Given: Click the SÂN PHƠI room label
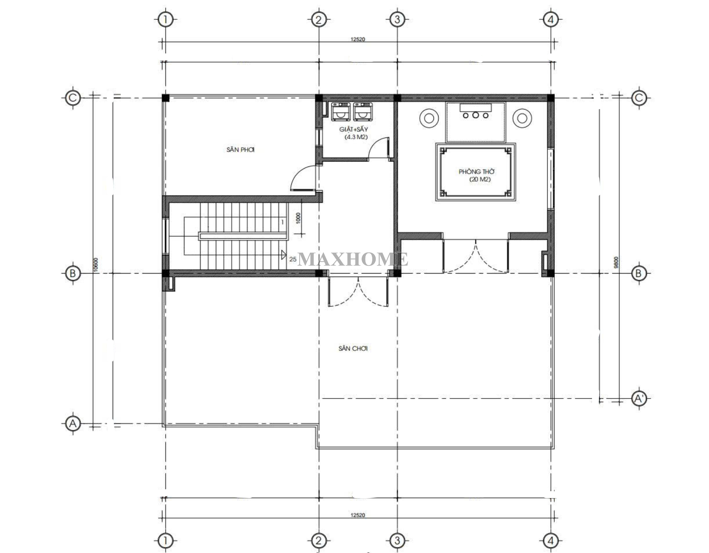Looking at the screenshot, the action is pyautogui.click(x=240, y=149).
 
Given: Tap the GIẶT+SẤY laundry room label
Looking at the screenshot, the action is pyautogui.click(x=353, y=129).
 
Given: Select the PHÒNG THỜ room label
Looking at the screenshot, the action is pyautogui.click(x=476, y=171).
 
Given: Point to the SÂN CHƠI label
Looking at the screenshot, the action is pyautogui.click(x=353, y=349).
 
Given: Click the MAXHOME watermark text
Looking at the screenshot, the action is pyautogui.click(x=353, y=259).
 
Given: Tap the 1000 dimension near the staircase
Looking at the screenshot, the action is pyautogui.click(x=298, y=218).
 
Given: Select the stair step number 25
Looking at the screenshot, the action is pyautogui.click(x=293, y=259).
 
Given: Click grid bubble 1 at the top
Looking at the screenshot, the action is pyautogui.click(x=165, y=19).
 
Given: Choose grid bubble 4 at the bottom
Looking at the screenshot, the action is pyautogui.click(x=551, y=541).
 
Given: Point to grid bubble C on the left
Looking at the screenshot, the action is pyautogui.click(x=73, y=98).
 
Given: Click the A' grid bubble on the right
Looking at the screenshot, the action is pyautogui.click(x=639, y=399).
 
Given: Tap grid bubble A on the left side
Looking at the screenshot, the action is pyautogui.click(x=73, y=424).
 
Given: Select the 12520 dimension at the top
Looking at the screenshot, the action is pyautogui.click(x=358, y=39).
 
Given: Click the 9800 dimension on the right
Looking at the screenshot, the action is pyautogui.click(x=616, y=262).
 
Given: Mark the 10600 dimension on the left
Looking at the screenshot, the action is pyautogui.click(x=96, y=265).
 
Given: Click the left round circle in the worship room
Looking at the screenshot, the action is pyautogui.click(x=429, y=118).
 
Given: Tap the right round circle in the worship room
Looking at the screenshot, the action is pyautogui.click(x=522, y=118).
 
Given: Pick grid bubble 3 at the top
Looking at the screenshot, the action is pyautogui.click(x=397, y=19).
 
